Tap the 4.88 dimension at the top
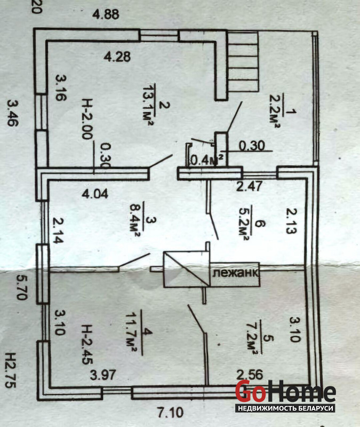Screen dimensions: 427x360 (x=107, y=15)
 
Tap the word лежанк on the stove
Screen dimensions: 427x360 (x=236, y=273)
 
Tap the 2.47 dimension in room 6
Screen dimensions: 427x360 (x=249, y=186)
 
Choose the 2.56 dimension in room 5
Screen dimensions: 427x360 (x=250, y=373)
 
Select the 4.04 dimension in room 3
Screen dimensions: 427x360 (x=95, y=194)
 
